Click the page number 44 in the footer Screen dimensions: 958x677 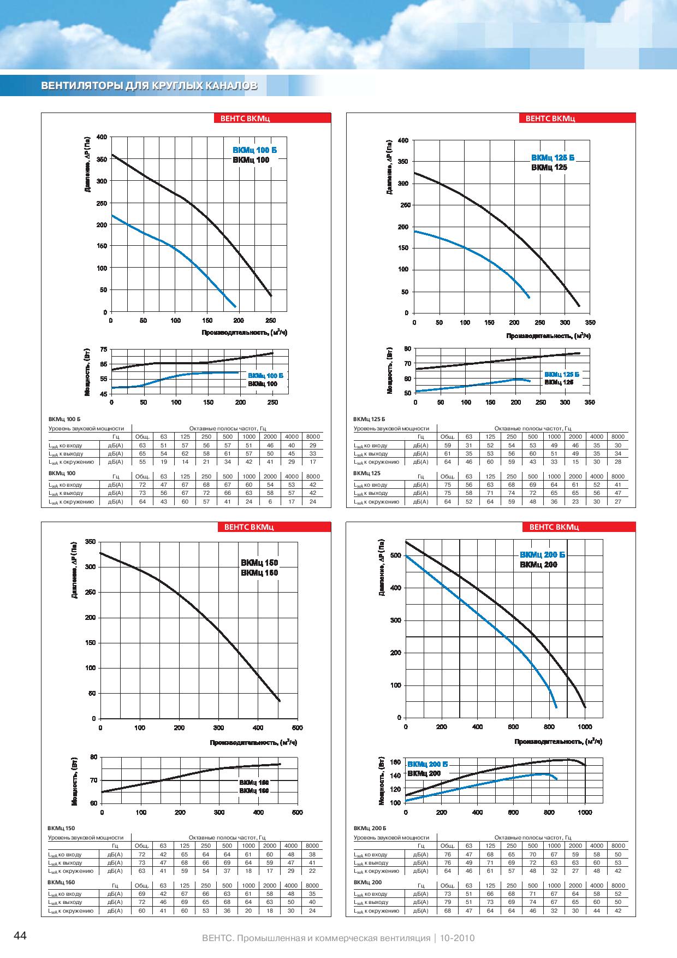(20, 936)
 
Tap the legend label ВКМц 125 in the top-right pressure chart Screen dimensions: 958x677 (549, 167)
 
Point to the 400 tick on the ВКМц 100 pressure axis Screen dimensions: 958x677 (102, 137)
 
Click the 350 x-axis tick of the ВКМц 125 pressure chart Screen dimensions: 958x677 (590, 323)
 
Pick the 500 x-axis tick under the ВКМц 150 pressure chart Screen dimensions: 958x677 (297, 728)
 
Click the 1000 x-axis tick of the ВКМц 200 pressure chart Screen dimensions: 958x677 (585, 726)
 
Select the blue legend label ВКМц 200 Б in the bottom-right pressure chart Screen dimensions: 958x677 (543, 555)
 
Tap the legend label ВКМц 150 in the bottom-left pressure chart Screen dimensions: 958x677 (260, 563)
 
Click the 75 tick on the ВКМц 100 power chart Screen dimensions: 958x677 (104, 349)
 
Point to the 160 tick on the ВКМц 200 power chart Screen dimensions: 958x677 (396, 762)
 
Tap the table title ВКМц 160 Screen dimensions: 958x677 (61, 882)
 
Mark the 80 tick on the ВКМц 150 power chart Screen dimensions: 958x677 (93, 756)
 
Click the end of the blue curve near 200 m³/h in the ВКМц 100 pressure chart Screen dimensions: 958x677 (235, 306)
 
